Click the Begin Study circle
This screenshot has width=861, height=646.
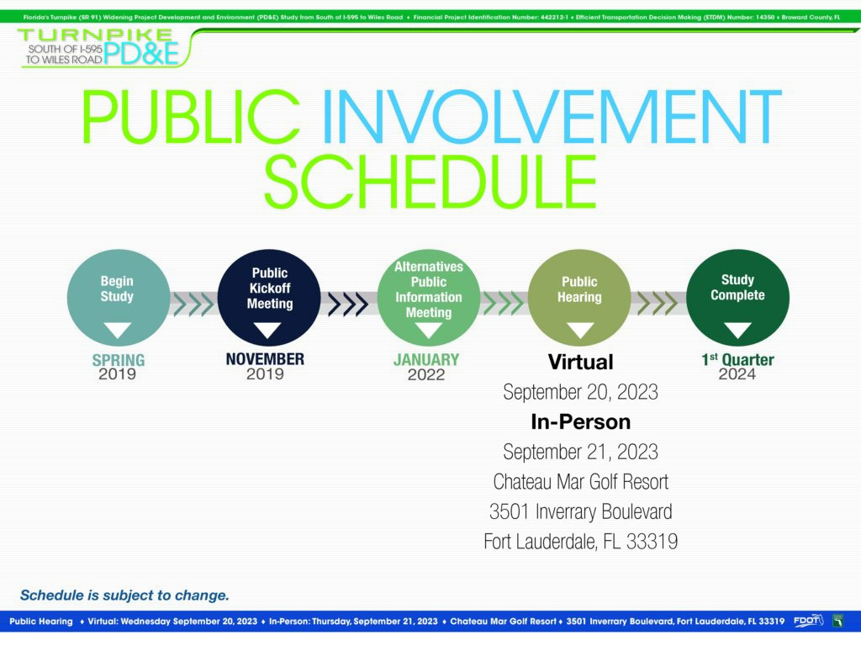118,298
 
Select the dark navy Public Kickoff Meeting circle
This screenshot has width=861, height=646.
269,298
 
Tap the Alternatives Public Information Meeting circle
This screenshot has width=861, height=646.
428,298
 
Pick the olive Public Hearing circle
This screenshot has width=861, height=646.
579,298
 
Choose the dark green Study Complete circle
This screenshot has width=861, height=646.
737,298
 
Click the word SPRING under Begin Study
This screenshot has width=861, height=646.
119,360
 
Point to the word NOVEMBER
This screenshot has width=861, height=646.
265,359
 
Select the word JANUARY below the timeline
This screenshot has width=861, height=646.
426,360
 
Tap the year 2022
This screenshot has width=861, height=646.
426,374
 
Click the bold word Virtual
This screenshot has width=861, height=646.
580,362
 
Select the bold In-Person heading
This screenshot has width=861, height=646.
580,422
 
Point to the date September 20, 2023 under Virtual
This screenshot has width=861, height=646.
580,392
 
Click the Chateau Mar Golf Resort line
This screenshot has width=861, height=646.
580,482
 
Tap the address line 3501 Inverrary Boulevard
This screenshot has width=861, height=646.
580,511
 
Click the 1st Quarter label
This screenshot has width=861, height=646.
737,360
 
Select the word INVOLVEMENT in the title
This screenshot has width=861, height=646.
552,116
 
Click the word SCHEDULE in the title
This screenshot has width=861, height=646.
430,182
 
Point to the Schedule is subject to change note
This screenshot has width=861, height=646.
124,596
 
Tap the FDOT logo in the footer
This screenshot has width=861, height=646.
808,621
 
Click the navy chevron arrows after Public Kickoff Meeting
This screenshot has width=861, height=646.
347,304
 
